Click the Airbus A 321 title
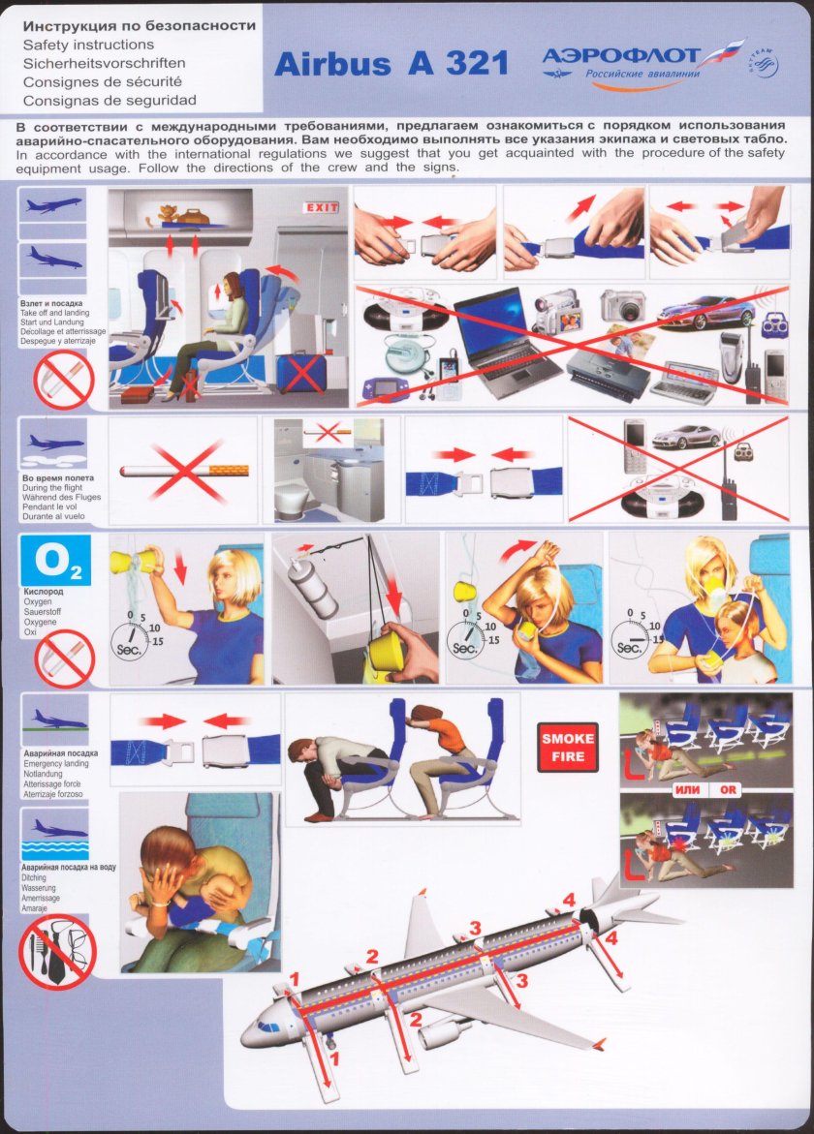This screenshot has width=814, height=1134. pos(391,64)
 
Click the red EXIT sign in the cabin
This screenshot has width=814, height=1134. pos(322,207)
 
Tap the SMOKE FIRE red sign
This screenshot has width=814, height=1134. pos(568,747)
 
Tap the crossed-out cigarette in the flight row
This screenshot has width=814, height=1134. pos(184,471)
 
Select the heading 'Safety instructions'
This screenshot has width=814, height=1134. pos(88,45)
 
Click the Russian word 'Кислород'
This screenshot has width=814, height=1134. pos(44,592)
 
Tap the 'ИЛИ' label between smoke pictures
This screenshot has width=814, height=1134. pos(687,789)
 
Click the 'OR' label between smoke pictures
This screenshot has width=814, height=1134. pos(727,790)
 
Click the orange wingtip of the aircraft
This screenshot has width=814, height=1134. pos(598,1044)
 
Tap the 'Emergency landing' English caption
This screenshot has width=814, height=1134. pos(55,764)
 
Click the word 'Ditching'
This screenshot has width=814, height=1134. pos(34,877)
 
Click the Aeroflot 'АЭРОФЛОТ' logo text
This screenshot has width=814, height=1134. pos(621,56)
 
